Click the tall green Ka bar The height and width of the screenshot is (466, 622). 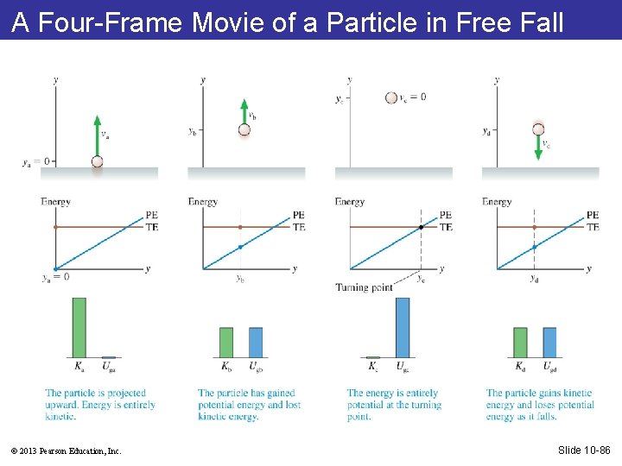[79, 327]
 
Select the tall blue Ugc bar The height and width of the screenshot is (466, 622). [402, 327]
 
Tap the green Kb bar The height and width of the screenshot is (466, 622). [226, 342]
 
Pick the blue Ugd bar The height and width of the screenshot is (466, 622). [549, 342]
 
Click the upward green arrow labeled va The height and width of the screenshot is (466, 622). [97, 133]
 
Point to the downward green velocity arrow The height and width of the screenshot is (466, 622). [538, 148]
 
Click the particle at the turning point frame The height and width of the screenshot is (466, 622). [391, 98]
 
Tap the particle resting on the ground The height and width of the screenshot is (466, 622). [97, 161]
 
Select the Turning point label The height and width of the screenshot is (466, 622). [364, 287]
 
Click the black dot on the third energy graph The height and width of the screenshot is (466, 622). [421, 227]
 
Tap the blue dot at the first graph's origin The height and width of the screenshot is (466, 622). [55, 269]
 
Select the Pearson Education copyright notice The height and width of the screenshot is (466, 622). [67, 450]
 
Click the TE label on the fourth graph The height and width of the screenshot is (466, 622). [593, 227]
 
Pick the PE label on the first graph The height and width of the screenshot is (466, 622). [152, 215]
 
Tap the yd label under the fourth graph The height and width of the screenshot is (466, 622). [534, 279]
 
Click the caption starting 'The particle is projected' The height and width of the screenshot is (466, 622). [100, 405]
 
